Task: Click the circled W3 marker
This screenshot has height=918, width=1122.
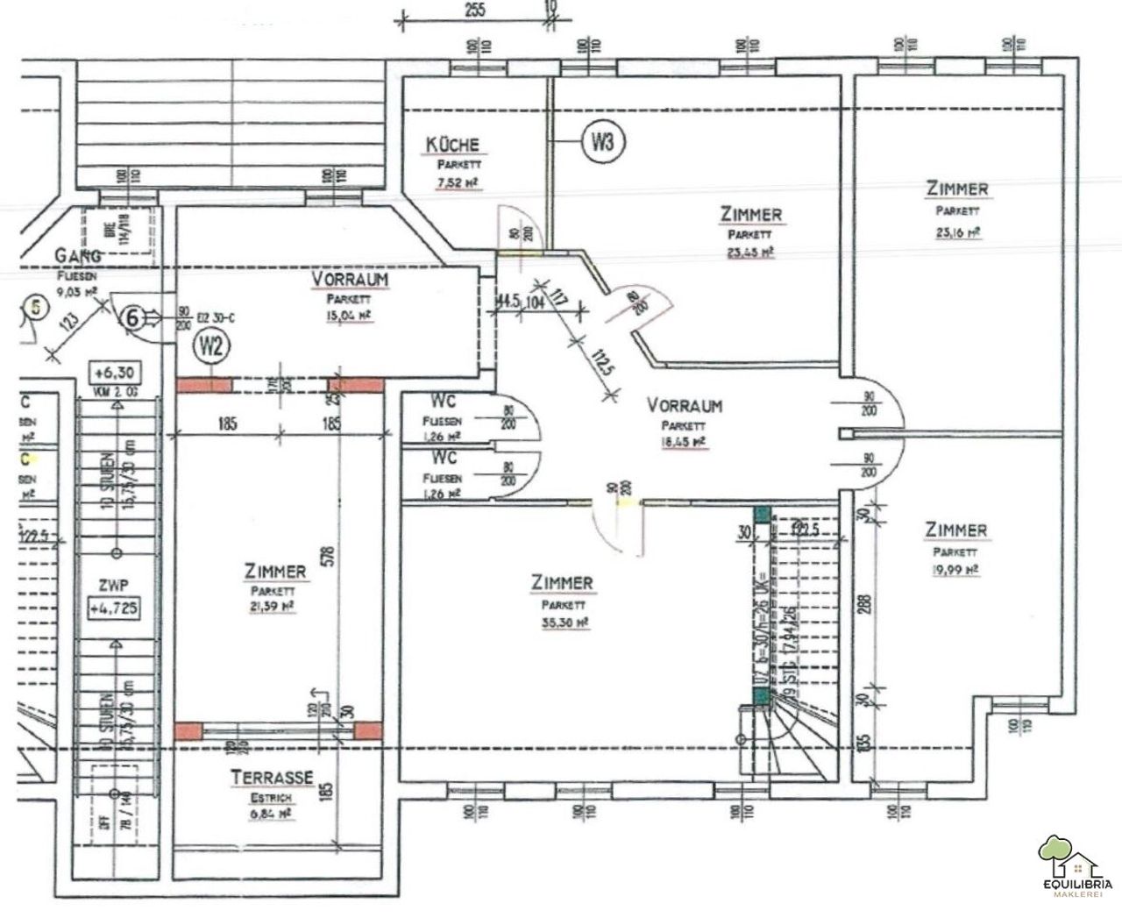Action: coord(601,142)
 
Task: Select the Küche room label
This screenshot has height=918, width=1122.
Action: coord(452,146)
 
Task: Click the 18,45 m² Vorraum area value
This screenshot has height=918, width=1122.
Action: coord(685,444)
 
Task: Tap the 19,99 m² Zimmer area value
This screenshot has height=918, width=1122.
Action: coord(955,570)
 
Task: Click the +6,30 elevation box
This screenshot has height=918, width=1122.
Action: coord(115,372)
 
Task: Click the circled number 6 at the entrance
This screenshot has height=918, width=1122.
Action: coord(132,317)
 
